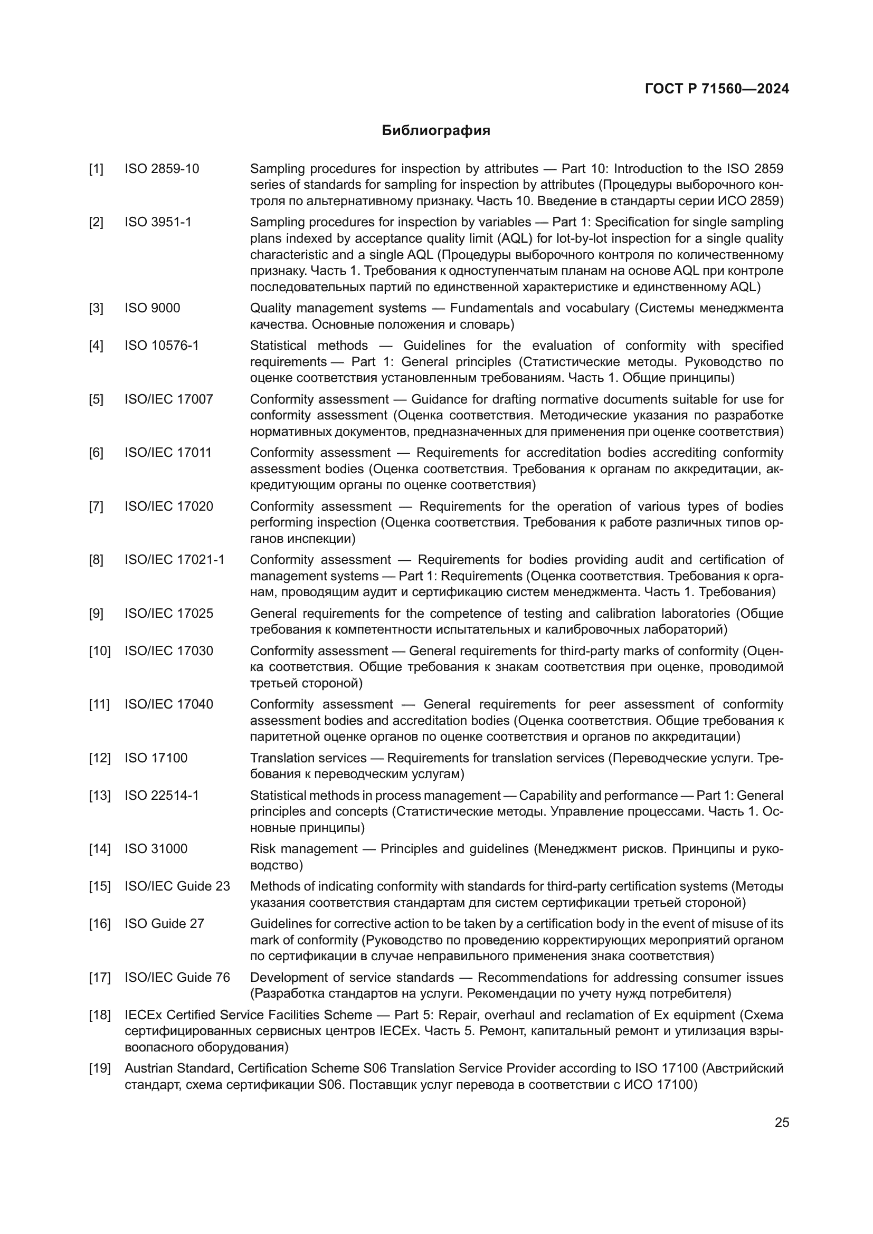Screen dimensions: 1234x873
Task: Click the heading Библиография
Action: [436, 131]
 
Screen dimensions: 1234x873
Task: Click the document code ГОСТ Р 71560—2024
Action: [717, 89]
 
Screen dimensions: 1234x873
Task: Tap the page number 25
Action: [782, 1123]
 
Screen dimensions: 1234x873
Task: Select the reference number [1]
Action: [96, 169]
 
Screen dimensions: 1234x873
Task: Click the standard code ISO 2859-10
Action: [162, 169]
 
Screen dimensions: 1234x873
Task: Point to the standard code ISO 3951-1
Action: [158, 222]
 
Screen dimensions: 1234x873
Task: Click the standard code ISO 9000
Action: [152, 308]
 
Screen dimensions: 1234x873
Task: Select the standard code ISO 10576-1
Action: [162, 345]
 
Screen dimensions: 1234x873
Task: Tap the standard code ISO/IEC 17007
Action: [169, 399]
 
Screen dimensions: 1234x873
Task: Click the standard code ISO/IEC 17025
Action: [169, 613]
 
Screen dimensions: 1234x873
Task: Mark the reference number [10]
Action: [99, 651]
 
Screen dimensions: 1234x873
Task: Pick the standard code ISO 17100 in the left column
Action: [156, 758]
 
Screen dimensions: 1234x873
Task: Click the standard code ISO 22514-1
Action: [162, 796]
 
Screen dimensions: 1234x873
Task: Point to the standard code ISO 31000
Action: [156, 849]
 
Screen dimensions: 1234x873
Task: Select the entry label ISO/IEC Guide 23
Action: [177, 886]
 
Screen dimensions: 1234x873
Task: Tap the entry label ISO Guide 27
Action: [165, 923]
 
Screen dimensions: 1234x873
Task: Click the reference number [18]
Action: [99, 1015]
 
